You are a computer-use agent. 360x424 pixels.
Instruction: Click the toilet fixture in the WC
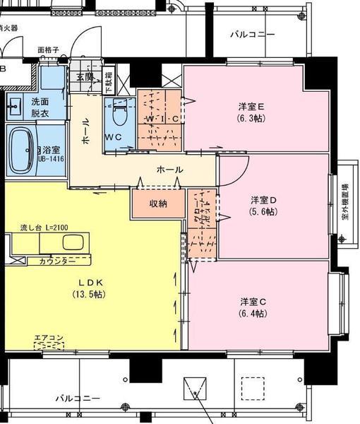pyautogui.click(x=118, y=112)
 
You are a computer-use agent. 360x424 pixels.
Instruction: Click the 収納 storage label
pyautogui.click(x=158, y=204)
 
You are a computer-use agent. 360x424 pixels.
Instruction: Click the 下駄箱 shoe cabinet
pyautogui.click(x=109, y=83)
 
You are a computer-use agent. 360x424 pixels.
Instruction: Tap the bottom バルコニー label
pyautogui.click(x=78, y=399)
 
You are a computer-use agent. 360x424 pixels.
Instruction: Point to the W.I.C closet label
pyautogui.click(x=162, y=119)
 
